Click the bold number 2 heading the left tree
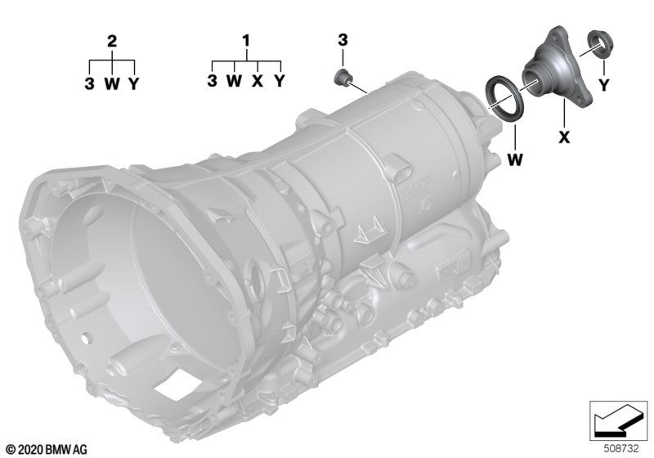112,41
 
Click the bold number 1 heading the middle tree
247,41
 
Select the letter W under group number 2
112,84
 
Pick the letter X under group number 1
258,81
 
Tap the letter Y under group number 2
133,84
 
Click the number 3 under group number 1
213,81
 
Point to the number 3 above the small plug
343,40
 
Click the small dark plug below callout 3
343,77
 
